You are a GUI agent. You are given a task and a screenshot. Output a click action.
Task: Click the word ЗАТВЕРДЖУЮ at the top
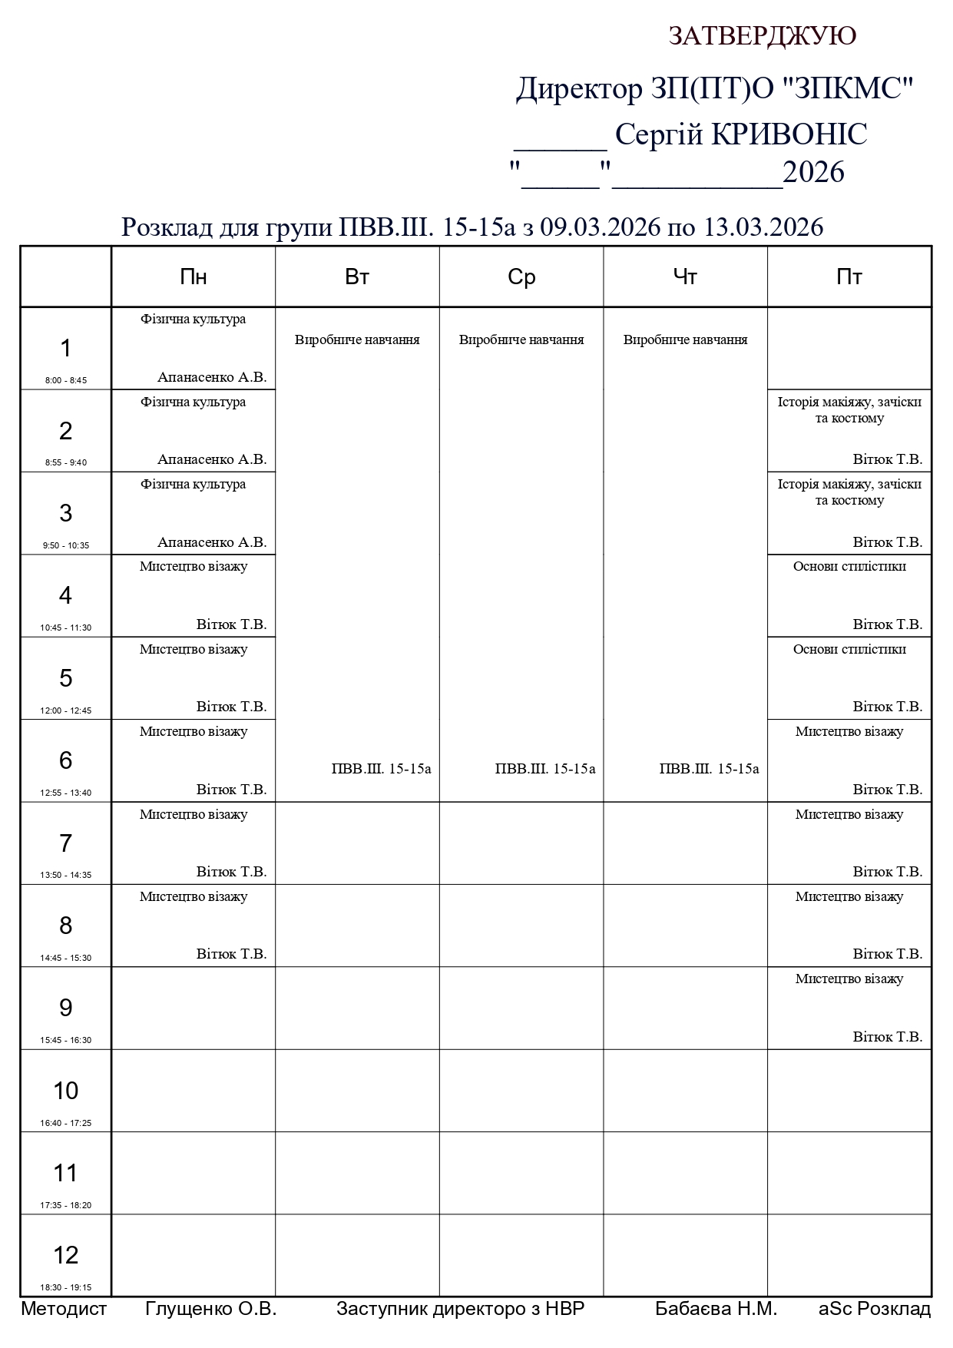point(762,36)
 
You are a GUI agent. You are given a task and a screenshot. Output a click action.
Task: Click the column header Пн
point(194,277)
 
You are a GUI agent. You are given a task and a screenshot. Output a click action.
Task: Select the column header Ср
point(521,277)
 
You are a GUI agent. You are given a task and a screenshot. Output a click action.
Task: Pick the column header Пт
point(849,277)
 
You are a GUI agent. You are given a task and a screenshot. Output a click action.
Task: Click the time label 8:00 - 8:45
point(66,380)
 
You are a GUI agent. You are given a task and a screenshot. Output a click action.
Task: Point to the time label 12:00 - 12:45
point(66,710)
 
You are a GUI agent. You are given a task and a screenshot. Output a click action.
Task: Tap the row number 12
point(66,1255)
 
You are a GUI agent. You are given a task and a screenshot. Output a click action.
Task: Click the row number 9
point(66,1008)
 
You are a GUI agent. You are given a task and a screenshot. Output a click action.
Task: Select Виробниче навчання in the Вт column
point(357,339)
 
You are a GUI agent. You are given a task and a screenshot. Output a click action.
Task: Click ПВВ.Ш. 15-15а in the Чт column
point(709,769)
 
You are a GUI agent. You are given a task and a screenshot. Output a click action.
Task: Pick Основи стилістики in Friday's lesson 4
point(849,567)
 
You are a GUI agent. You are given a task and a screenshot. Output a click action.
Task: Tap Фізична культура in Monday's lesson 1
point(194,320)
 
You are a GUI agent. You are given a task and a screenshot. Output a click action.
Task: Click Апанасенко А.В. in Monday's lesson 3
point(212,542)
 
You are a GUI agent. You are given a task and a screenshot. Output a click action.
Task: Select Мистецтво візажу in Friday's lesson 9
point(849,979)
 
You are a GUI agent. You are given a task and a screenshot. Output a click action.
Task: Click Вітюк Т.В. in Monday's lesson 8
point(231,954)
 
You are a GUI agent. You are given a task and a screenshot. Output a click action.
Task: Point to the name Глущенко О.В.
point(210,1309)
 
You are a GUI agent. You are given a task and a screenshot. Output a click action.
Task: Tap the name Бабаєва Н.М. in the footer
point(716,1309)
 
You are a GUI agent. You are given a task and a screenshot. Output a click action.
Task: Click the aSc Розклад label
point(875,1309)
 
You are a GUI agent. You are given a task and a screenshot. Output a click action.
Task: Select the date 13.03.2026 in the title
point(764,227)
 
